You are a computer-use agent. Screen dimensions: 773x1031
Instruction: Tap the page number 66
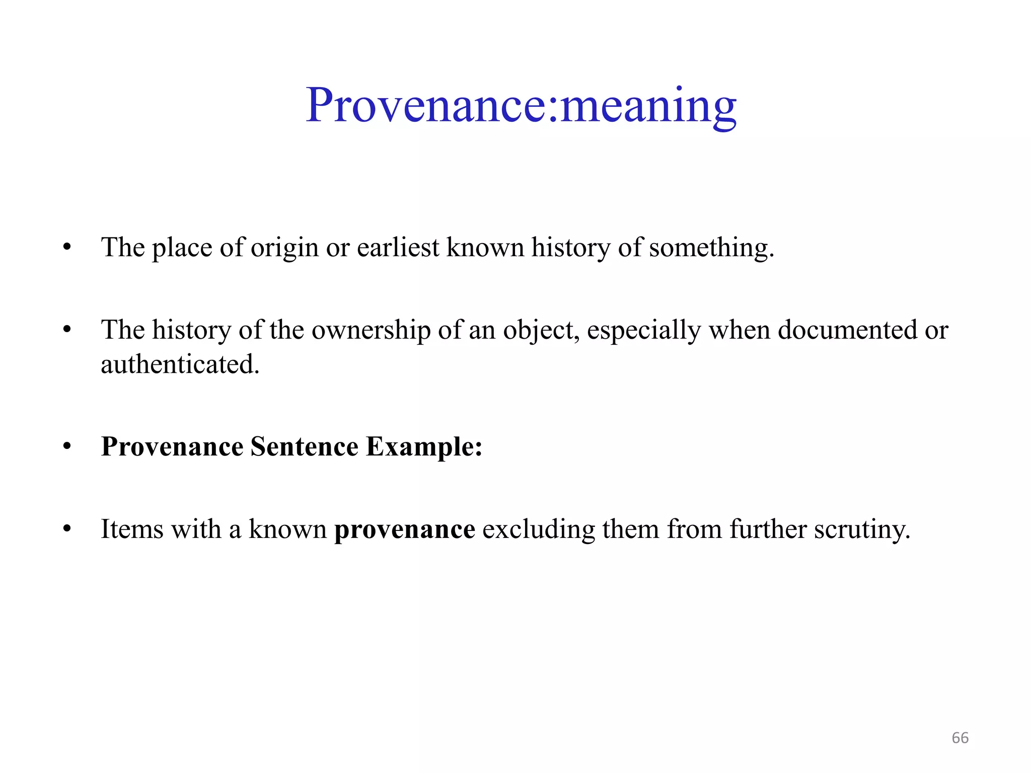pos(960,738)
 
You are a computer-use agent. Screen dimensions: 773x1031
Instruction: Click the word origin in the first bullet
pos(284,248)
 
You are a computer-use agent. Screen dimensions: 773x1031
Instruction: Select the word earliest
pos(398,248)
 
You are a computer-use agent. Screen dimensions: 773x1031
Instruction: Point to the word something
pos(711,248)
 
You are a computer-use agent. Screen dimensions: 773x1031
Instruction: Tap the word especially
pos(644,331)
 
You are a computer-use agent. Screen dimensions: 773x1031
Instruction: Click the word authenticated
pos(180,364)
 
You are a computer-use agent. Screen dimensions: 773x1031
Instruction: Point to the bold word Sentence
pos(305,446)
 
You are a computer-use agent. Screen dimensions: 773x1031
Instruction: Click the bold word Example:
pos(424,446)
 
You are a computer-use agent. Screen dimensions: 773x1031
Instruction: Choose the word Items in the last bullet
pos(132,529)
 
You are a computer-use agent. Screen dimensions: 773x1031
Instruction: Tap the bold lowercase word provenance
pos(405,530)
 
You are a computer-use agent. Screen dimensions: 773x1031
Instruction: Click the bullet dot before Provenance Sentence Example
pos(67,446)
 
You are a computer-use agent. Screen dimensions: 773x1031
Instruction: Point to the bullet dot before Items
pos(67,529)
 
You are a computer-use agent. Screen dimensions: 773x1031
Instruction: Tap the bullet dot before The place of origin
pos(67,248)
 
